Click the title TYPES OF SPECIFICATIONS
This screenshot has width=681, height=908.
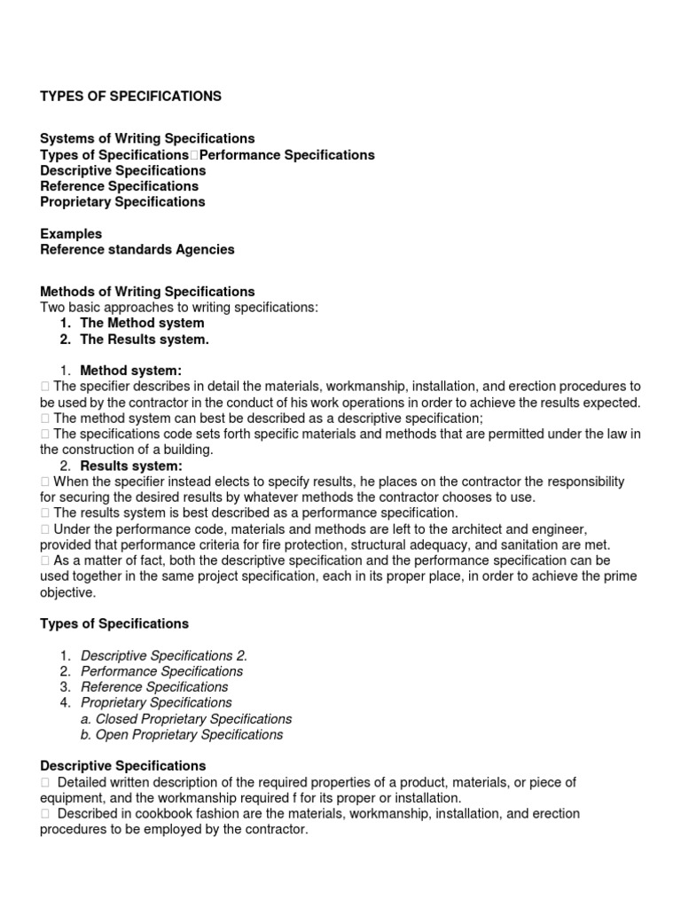coord(131,96)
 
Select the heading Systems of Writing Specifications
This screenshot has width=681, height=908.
coord(147,138)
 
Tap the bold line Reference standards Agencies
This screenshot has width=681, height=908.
coord(137,249)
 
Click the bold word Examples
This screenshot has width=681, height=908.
coord(71,233)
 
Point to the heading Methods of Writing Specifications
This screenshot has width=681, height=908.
coord(147,291)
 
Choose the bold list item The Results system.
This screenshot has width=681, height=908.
coord(145,339)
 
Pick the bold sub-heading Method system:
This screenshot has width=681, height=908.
coord(131,370)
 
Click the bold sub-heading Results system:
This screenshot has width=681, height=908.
coord(131,466)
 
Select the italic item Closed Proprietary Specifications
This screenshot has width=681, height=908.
coord(193,718)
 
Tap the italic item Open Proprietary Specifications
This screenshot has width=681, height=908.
coord(190,734)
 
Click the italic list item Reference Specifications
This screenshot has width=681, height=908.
coord(154,686)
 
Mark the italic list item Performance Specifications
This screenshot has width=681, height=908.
coord(161,671)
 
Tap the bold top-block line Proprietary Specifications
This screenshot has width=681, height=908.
coord(122,201)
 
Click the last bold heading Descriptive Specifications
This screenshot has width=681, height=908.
coord(122,765)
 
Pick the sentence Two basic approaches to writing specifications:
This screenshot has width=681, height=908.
coord(179,307)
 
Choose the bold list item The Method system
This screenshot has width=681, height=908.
coord(142,323)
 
